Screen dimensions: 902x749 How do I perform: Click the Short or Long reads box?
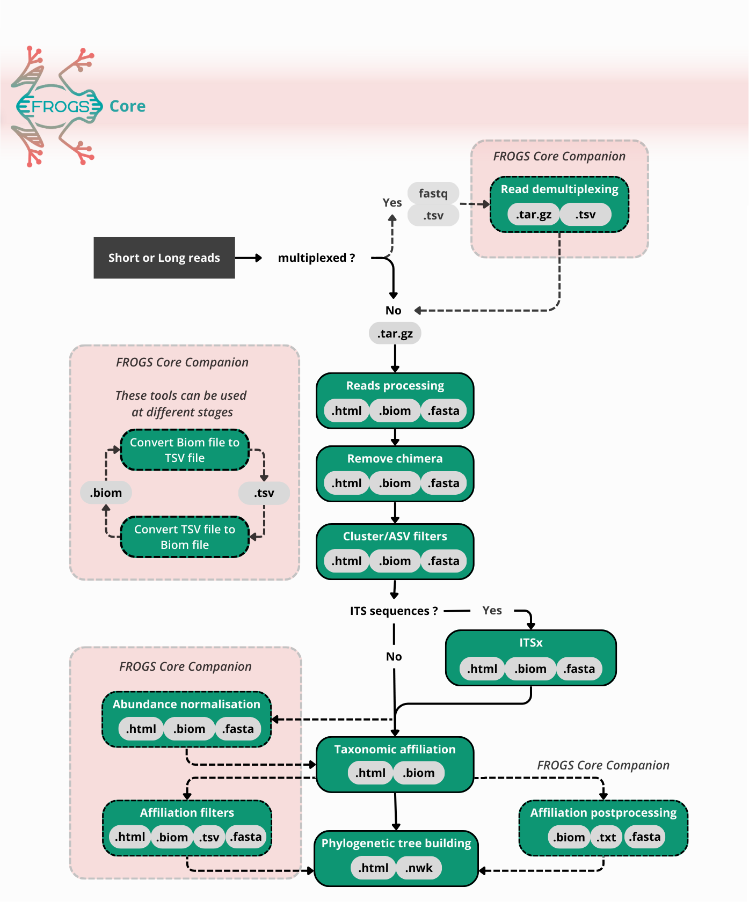click(x=164, y=258)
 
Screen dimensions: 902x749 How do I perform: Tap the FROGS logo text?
click(x=59, y=106)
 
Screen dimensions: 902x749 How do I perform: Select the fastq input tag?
click(x=433, y=193)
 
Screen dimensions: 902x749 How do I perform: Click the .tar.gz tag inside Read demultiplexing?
click(x=533, y=215)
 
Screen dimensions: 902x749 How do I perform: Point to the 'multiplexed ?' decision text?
click(x=316, y=258)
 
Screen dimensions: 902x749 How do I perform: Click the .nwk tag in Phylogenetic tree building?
click(x=419, y=868)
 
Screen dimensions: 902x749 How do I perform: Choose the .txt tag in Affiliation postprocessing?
click(x=607, y=837)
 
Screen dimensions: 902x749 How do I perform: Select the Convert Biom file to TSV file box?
click(x=185, y=450)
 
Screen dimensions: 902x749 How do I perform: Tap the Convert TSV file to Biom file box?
click(x=185, y=537)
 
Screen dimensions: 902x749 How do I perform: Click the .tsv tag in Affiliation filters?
click(x=209, y=837)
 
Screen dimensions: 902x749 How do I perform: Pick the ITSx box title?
click(x=530, y=643)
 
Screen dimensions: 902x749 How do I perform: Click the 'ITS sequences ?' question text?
click(x=394, y=611)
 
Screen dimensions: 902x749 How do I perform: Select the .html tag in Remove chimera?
click(x=346, y=483)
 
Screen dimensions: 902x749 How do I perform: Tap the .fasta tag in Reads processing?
click(x=443, y=411)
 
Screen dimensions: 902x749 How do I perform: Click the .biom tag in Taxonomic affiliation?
click(x=419, y=773)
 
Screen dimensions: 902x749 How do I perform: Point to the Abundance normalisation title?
click(x=186, y=705)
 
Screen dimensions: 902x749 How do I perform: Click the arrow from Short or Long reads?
click(x=248, y=258)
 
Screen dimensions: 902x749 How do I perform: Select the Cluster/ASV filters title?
click(x=395, y=537)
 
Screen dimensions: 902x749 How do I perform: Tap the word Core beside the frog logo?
click(x=127, y=106)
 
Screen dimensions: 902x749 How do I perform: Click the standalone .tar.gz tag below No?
click(x=395, y=334)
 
